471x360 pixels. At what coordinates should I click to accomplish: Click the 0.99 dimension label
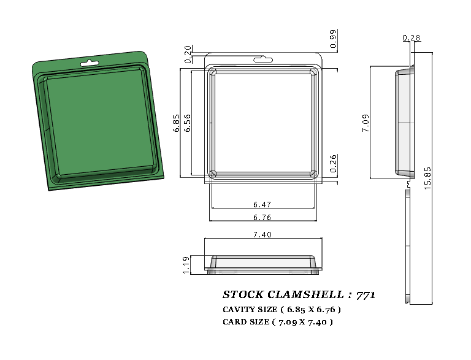pos(333,39)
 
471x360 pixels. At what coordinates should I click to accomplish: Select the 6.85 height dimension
pos(177,123)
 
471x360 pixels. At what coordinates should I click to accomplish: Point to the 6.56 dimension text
pos(187,123)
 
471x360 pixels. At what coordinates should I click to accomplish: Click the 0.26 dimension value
pos(333,163)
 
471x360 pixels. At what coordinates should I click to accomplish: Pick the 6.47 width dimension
pos(262,204)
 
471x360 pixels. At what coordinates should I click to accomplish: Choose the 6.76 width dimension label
pos(262,217)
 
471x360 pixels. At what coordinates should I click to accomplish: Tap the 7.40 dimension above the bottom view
pos(262,234)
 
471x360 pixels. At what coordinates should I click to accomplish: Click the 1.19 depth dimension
pos(186,265)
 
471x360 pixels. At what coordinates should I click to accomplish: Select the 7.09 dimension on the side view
pos(366,123)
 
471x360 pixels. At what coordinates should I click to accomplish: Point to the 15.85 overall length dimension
pos(427,178)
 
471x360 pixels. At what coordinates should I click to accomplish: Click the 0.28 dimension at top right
pos(412,38)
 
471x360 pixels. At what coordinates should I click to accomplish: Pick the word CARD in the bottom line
pos(234,322)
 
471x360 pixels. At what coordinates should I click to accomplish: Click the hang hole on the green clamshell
pos(90,63)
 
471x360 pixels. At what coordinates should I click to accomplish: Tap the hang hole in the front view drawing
pos(263,59)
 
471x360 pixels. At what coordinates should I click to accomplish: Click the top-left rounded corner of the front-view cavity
pos(212,72)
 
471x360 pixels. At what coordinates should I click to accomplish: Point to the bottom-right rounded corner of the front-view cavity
pos(313,174)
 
